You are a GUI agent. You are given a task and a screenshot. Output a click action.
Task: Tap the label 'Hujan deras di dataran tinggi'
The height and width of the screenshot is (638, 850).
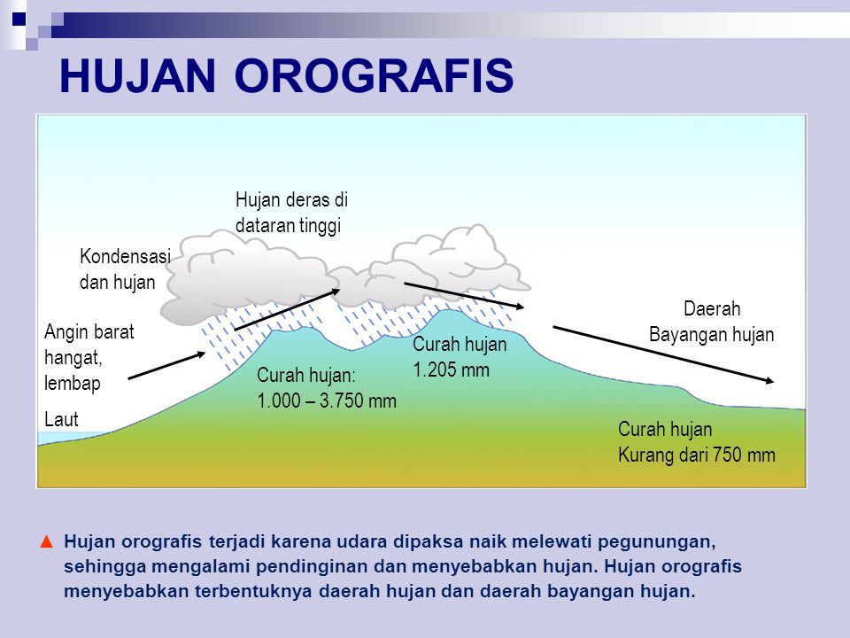292,213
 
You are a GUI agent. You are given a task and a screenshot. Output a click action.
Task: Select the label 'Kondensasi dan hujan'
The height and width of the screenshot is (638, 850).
124,269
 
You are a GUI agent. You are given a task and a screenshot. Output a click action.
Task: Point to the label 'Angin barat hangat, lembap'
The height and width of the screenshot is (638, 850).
89,358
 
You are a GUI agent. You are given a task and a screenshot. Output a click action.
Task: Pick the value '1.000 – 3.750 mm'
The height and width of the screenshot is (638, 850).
327,401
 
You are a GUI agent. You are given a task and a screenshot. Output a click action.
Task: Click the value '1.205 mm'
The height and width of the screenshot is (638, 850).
451,370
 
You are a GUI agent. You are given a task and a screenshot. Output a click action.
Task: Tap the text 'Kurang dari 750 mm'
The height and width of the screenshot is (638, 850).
696,455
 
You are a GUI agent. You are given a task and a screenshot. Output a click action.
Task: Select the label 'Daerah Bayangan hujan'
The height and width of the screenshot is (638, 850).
711,322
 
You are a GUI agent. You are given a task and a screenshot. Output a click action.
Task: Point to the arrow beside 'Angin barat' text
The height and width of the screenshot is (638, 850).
168,365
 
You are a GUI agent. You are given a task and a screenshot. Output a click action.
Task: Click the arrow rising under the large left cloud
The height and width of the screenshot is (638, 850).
288,309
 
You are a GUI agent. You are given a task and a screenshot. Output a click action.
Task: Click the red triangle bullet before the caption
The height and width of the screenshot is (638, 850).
48,541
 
